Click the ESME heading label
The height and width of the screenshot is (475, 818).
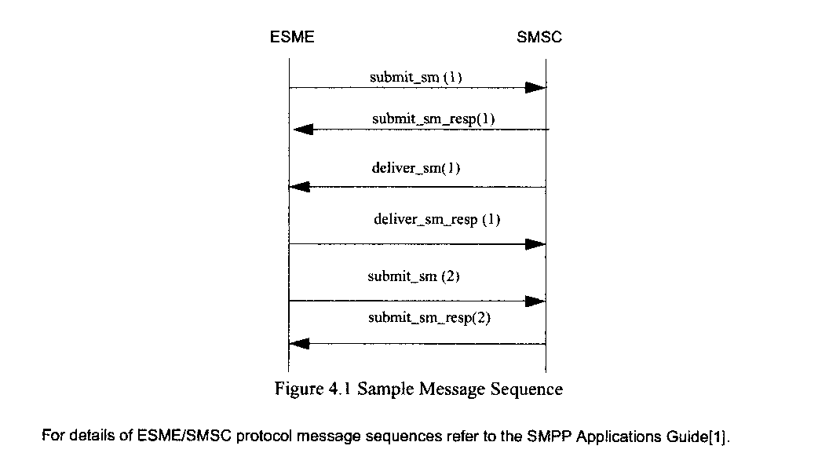coord(293,37)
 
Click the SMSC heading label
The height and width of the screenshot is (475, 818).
coord(539,37)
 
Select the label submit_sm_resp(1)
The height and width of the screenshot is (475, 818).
coord(433,119)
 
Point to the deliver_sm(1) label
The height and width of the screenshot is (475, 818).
coord(415,169)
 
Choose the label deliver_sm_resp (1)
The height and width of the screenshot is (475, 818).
coord(436,220)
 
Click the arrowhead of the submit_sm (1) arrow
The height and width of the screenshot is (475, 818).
coord(535,88)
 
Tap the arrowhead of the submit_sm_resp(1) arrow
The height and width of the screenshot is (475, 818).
coord(303,130)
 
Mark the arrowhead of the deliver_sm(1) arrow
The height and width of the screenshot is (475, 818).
coord(299,187)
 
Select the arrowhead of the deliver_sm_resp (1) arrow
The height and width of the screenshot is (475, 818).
coord(535,244)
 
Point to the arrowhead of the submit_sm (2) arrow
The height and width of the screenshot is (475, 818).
coord(535,301)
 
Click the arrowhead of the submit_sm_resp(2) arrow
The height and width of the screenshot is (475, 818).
coord(299,344)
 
